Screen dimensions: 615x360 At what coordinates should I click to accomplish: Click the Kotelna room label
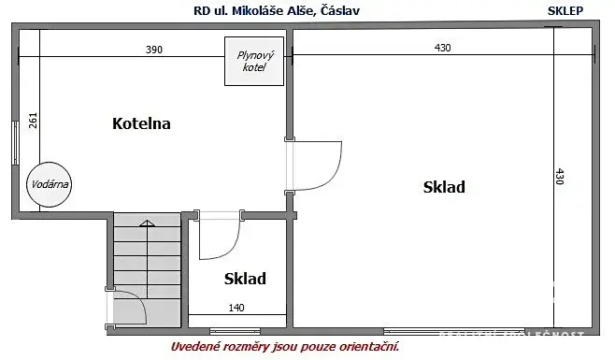[140, 123]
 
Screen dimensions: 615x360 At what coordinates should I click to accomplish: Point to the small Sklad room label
[245, 278]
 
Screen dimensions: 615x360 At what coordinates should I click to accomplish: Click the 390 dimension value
[153, 50]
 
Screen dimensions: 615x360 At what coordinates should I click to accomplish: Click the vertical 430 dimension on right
[560, 178]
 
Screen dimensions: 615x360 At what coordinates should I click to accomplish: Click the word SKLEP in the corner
[566, 10]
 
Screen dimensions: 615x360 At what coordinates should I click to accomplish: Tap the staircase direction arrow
[146, 223]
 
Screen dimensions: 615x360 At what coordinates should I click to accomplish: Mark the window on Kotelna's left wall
[13, 145]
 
